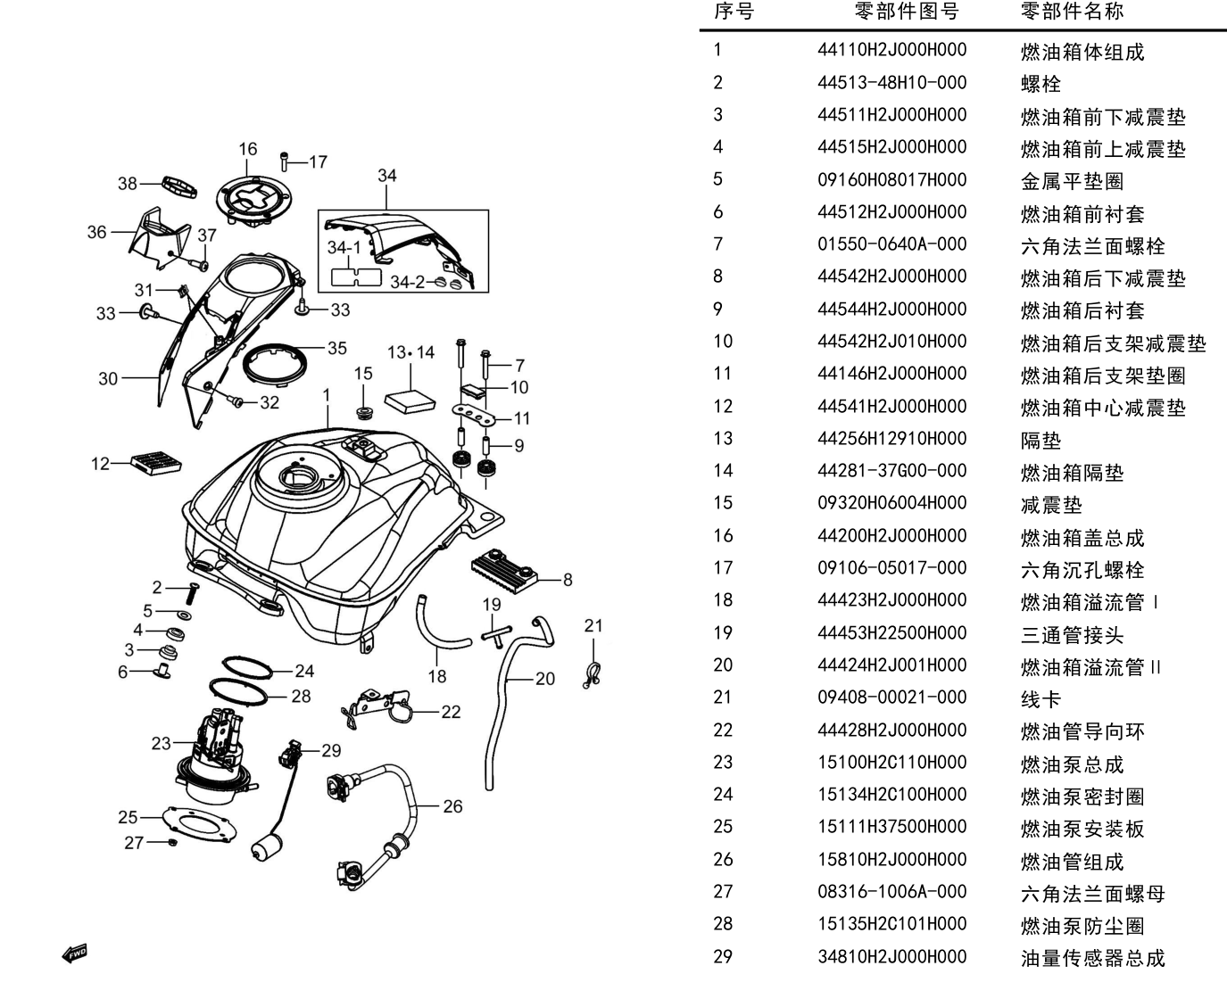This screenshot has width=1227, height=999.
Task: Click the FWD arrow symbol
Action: coord(74,954)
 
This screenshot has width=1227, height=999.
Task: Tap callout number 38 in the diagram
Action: coord(128,184)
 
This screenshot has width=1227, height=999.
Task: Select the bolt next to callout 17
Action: coord(284,161)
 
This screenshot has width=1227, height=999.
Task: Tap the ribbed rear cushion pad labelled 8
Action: coord(504,566)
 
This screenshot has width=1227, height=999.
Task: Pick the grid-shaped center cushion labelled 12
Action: coord(156,462)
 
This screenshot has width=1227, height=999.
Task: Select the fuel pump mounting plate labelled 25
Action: coord(199,824)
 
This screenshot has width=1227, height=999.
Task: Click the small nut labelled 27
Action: coord(172,842)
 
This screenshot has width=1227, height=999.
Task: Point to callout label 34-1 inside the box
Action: coord(344,248)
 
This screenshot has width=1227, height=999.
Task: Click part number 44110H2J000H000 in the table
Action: coord(891,50)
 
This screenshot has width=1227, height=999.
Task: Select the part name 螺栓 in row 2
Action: coord(1040,84)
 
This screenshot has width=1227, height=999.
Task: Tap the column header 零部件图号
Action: coord(906,11)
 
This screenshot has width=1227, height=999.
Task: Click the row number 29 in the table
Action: coord(723,956)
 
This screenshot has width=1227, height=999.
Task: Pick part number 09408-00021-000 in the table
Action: coord(891,698)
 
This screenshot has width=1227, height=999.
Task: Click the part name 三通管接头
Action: coord(1072,635)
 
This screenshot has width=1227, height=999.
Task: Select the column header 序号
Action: coord(734,11)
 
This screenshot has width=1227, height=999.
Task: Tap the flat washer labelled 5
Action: coord(184,615)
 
